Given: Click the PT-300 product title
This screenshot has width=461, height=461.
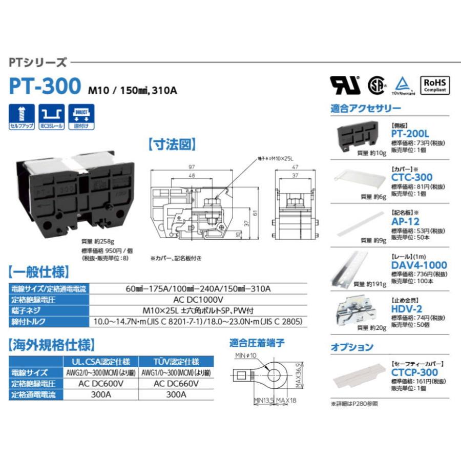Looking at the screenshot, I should pyautogui.click(x=45, y=86).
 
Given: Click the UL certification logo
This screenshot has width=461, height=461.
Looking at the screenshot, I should pyautogui.click(x=345, y=85).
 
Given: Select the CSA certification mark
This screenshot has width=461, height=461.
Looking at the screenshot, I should pyautogui.click(x=377, y=85).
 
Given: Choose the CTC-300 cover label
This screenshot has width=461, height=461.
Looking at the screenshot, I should pyautogui.click(x=412, y=177).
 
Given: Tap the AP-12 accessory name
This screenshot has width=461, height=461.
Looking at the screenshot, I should pyautogui.click(x=405, y=222).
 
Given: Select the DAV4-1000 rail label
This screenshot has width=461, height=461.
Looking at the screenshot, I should pyautogui.click(x=419, y=265).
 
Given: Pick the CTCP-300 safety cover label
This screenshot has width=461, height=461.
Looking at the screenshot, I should pyautogui.click(x=414, y=372).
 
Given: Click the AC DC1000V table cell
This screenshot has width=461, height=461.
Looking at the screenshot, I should pyautogui.click(x=198, y=300).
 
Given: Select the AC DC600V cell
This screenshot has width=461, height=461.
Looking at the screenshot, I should pyautogui.click(x=99, y=384).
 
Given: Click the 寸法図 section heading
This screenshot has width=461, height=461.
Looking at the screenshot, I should pyautogui.click(x=173, y=145).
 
